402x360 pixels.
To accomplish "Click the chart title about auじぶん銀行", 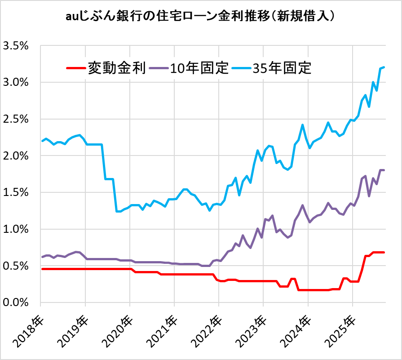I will click(201, 17).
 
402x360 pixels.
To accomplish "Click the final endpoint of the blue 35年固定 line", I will click(384, 67).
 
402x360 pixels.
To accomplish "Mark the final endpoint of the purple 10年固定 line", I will click(384, 170).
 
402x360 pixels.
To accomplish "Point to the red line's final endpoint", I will click(384, 252).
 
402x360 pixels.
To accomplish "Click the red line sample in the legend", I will click(75, 68).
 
